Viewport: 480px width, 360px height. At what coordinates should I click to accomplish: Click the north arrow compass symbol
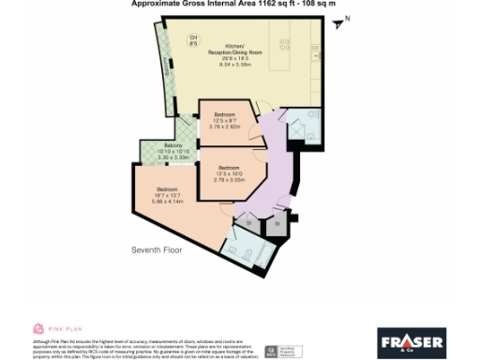tap(341, 21)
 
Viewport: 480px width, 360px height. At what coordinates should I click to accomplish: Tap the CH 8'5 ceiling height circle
tap(193, 39)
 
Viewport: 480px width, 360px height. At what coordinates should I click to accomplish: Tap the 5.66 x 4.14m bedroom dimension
tap(169, 201)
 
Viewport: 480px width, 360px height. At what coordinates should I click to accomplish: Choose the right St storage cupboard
tap(277, 223)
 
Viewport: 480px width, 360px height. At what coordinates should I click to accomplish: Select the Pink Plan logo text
tap(67, 329)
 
